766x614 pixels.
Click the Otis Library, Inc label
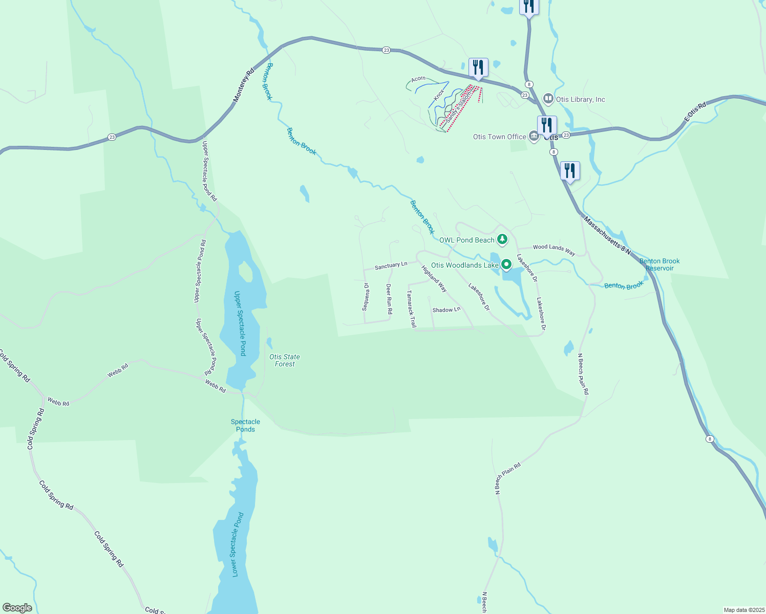coord(581,99)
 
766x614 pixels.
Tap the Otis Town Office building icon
coord(534,137)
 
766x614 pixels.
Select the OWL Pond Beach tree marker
coord(503,239)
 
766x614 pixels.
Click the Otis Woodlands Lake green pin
coord(506,265)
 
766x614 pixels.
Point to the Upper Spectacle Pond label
coord(240,323)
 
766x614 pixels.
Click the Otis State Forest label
coord(285,360)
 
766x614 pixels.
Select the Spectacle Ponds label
coord(245,426)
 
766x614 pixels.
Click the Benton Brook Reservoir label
coord(659,265)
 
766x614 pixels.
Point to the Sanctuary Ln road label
coord(391,265)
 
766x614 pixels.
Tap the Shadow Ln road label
coord(446,310)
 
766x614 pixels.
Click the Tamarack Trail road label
coord(411,309)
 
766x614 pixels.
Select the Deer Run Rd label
coord(389,299)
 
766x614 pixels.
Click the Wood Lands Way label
coord(554,249)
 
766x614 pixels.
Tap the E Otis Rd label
coord(695,112)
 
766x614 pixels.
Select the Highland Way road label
coord(434,279)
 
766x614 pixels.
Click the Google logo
coord(17,608)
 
